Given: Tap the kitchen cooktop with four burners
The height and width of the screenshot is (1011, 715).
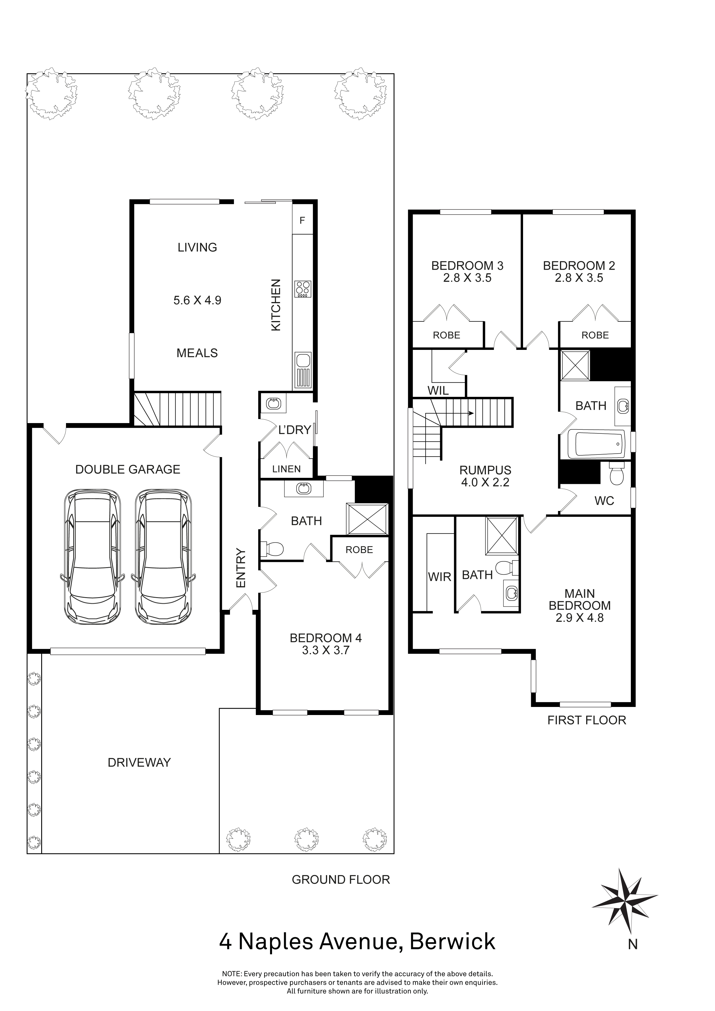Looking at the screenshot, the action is (x=303, y=289).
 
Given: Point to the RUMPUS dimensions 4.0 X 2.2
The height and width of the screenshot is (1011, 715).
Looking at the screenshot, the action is (x=485, y=483).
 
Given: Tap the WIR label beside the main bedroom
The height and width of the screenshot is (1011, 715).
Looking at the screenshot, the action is (x=440, y=577).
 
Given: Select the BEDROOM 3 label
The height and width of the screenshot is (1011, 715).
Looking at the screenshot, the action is (x=467, y=266).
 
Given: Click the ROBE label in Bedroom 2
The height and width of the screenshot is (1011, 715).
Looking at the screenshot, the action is (x=595, y=335).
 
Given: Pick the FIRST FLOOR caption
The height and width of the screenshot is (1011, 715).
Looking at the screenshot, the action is (x=586, y=720).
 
